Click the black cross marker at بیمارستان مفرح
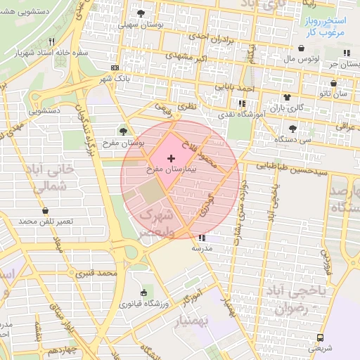[x=172, y=159]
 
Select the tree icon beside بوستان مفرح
[x=124, y=131]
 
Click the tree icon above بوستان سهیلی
[x=141, y=13]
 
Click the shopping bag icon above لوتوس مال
[x=302, y=49]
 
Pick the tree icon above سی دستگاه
[x=293, y=128]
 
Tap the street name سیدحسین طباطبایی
[x=287, y=167]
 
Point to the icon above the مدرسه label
[x=203, y=238]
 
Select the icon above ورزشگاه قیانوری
[x=144, y=293]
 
